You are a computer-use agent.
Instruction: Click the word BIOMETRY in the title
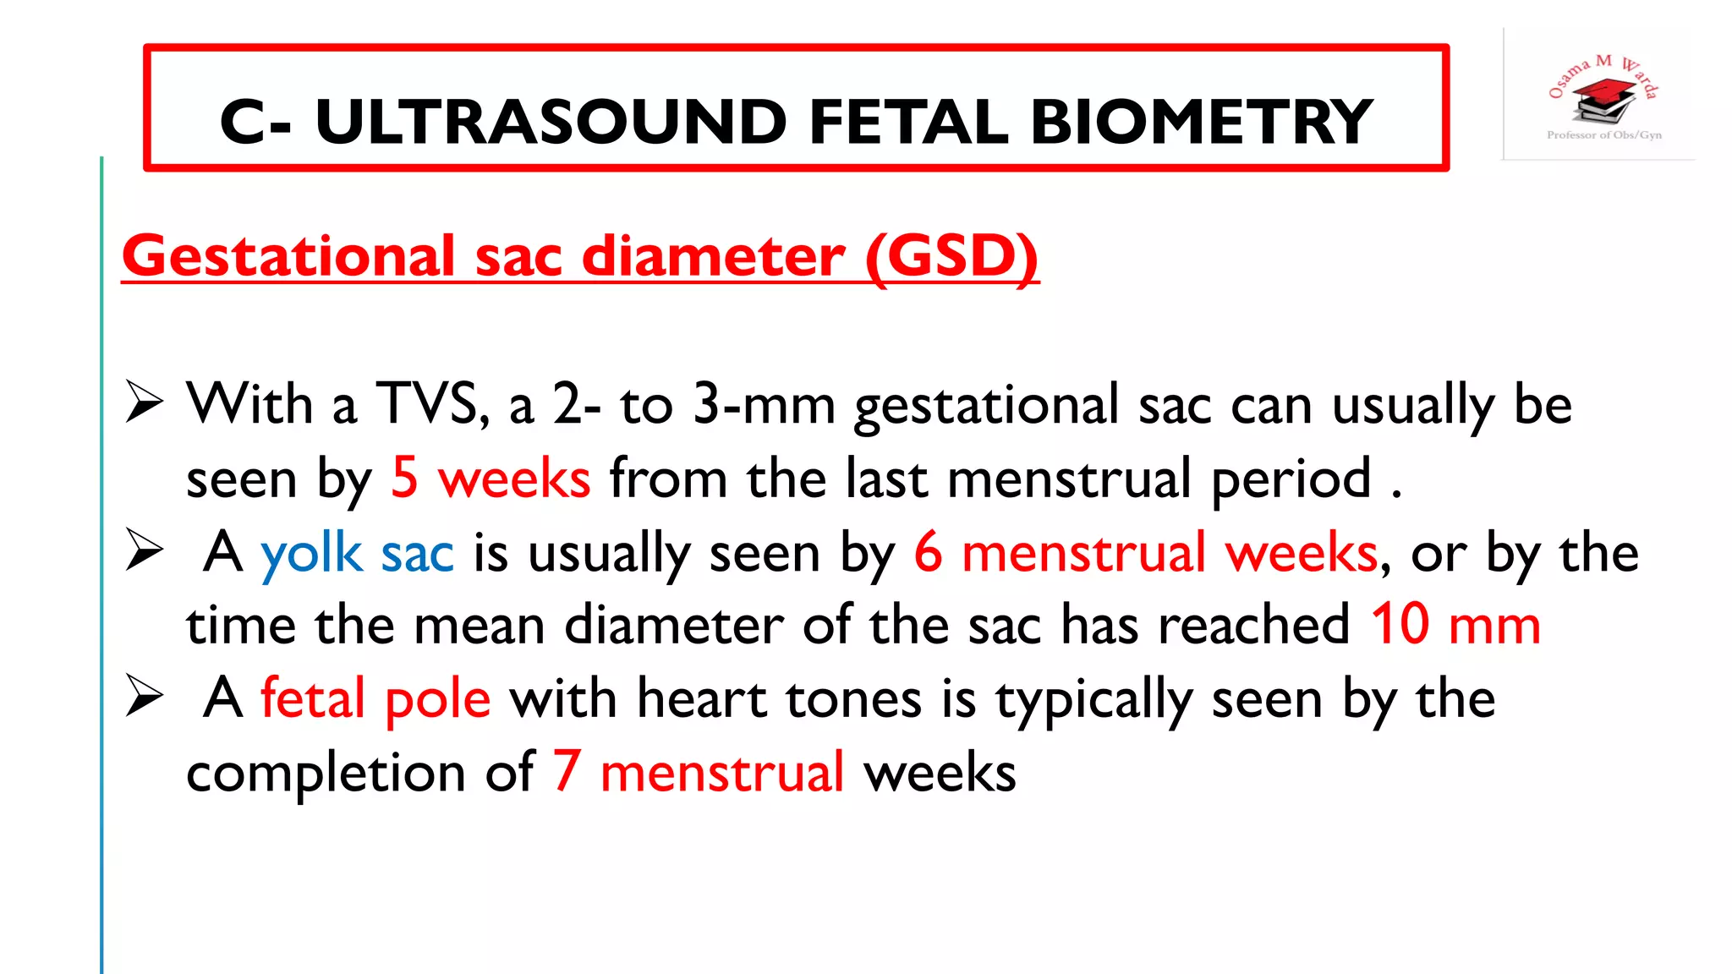coord(1201,122)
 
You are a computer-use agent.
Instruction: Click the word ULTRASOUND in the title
coord(551,122)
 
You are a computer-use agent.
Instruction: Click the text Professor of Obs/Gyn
coord(1603,135)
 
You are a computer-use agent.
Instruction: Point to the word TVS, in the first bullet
coord(432,404)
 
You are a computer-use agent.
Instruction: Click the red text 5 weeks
coord(491,479)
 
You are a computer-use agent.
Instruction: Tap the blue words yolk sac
coord(357,553)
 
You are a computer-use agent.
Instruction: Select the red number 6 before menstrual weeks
coord(928,553)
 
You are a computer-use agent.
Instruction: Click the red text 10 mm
coord(1455,626)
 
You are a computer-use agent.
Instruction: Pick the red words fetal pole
coord(375,699)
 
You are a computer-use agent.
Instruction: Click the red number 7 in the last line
coord(567,772)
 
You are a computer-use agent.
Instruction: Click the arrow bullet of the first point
coord(144,402)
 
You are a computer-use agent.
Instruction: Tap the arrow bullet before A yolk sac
coord(144,550)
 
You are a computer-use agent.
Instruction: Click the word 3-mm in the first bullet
coord(764,404)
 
